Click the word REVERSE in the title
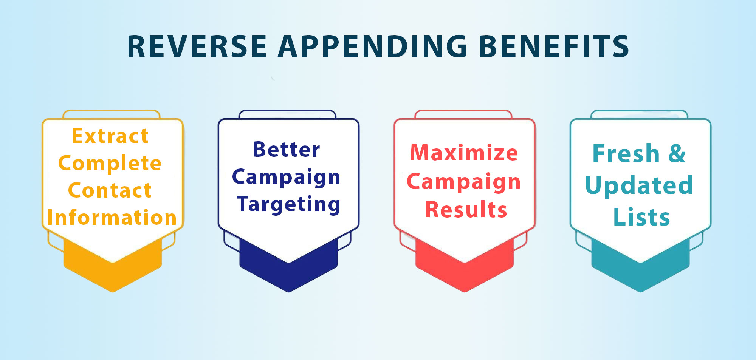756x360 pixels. tap(197, 46)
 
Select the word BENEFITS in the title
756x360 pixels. tap(554, 46)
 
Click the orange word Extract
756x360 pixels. tap(110, 136)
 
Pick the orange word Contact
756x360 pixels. tap(110, 190)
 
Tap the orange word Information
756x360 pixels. tap(112, 218)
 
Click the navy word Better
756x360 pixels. tap(287, 150)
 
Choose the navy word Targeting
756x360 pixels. tap(289, 205)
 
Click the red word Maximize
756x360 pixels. tap(464, 153)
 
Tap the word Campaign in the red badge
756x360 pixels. tap(464, 182)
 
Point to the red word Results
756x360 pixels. tap(466, 210)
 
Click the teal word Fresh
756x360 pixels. tap(626, 154)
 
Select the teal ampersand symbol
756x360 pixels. tap(677, 154)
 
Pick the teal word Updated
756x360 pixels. tap(639, 185)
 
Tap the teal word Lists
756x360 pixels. tap(641, 217)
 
